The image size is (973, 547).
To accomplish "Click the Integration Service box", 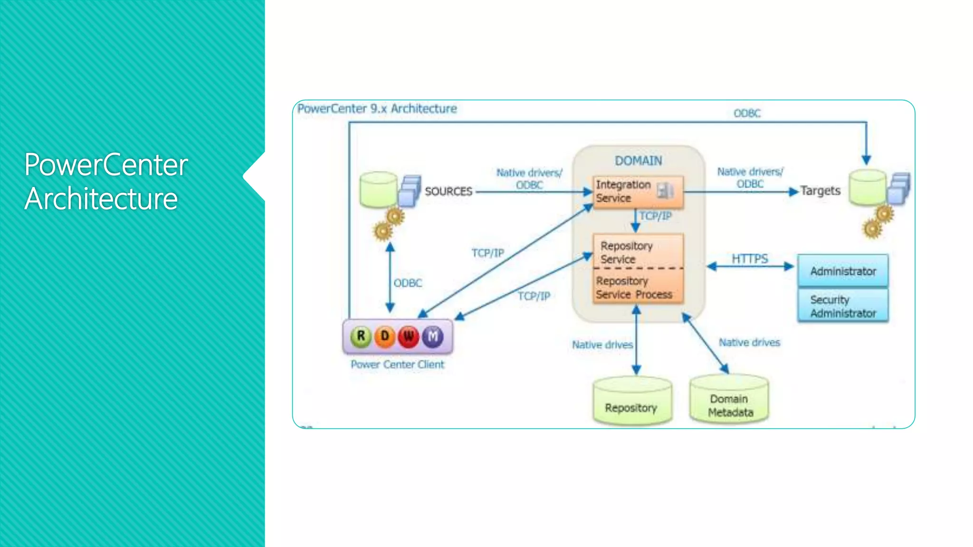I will pos(638,192).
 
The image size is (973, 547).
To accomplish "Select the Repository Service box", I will pos(638,252).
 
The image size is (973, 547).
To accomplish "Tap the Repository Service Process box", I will pos(638,287).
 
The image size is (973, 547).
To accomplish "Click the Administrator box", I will pos(843,271).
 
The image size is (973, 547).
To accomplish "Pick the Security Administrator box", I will pos(843,306).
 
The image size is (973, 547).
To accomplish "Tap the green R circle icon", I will pos(361,336).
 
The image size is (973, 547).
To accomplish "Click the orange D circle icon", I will pos(385,336).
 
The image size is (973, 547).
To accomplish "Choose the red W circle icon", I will pos(409,336).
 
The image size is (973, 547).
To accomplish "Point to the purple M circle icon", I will pos(433,336).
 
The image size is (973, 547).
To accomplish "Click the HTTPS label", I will pos(749,259).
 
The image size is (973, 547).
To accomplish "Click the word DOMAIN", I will pos(638,161).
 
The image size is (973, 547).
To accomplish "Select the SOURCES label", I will pos(448,191).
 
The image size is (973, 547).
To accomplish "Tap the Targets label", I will pos(820,191).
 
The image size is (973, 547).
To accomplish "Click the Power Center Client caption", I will pos(397,365).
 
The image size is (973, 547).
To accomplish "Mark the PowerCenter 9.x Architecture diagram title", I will pos(377,109).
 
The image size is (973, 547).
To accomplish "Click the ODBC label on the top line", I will pos(747,113).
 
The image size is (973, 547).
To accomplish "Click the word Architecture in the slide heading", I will pos(101,199).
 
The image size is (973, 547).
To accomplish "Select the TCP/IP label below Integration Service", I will pos(656,216).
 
